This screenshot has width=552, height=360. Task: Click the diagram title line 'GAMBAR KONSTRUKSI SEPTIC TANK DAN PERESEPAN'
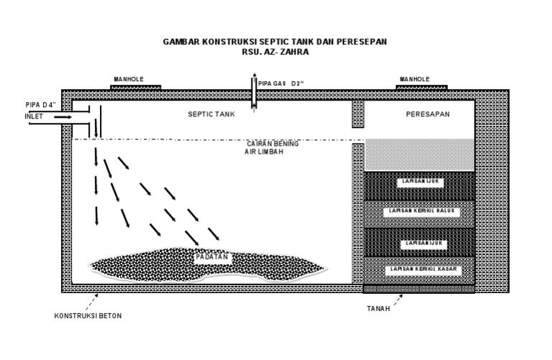click(x=275, y=42)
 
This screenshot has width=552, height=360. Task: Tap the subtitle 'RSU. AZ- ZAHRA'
click(x=275, y=52)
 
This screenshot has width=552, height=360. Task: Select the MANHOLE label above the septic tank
click(x=130, y=79)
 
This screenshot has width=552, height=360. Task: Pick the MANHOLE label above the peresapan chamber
click(x=415, y=79)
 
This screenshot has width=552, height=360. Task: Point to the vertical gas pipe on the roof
click(x=253, y=91)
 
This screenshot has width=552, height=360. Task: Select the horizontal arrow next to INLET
click(x=61, y=116)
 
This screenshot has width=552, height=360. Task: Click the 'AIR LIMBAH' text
click(x=255, y=152)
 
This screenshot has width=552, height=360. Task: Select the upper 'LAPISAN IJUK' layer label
click(x=420, y=183)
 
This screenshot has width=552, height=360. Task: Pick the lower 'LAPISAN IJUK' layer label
click(x=420, y=244)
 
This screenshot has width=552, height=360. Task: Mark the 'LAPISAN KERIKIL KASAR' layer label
click(x=420, y=269)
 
